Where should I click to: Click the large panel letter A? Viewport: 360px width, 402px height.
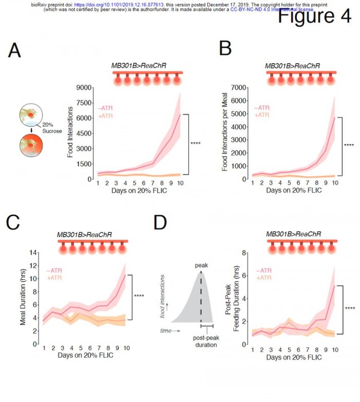click(x=15, y=51)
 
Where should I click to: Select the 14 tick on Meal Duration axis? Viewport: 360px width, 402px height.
click(x=34, y=253)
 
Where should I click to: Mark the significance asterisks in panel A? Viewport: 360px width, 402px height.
click(x=195, y=144)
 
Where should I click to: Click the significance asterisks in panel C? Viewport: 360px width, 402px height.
click(x=139, y=296)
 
